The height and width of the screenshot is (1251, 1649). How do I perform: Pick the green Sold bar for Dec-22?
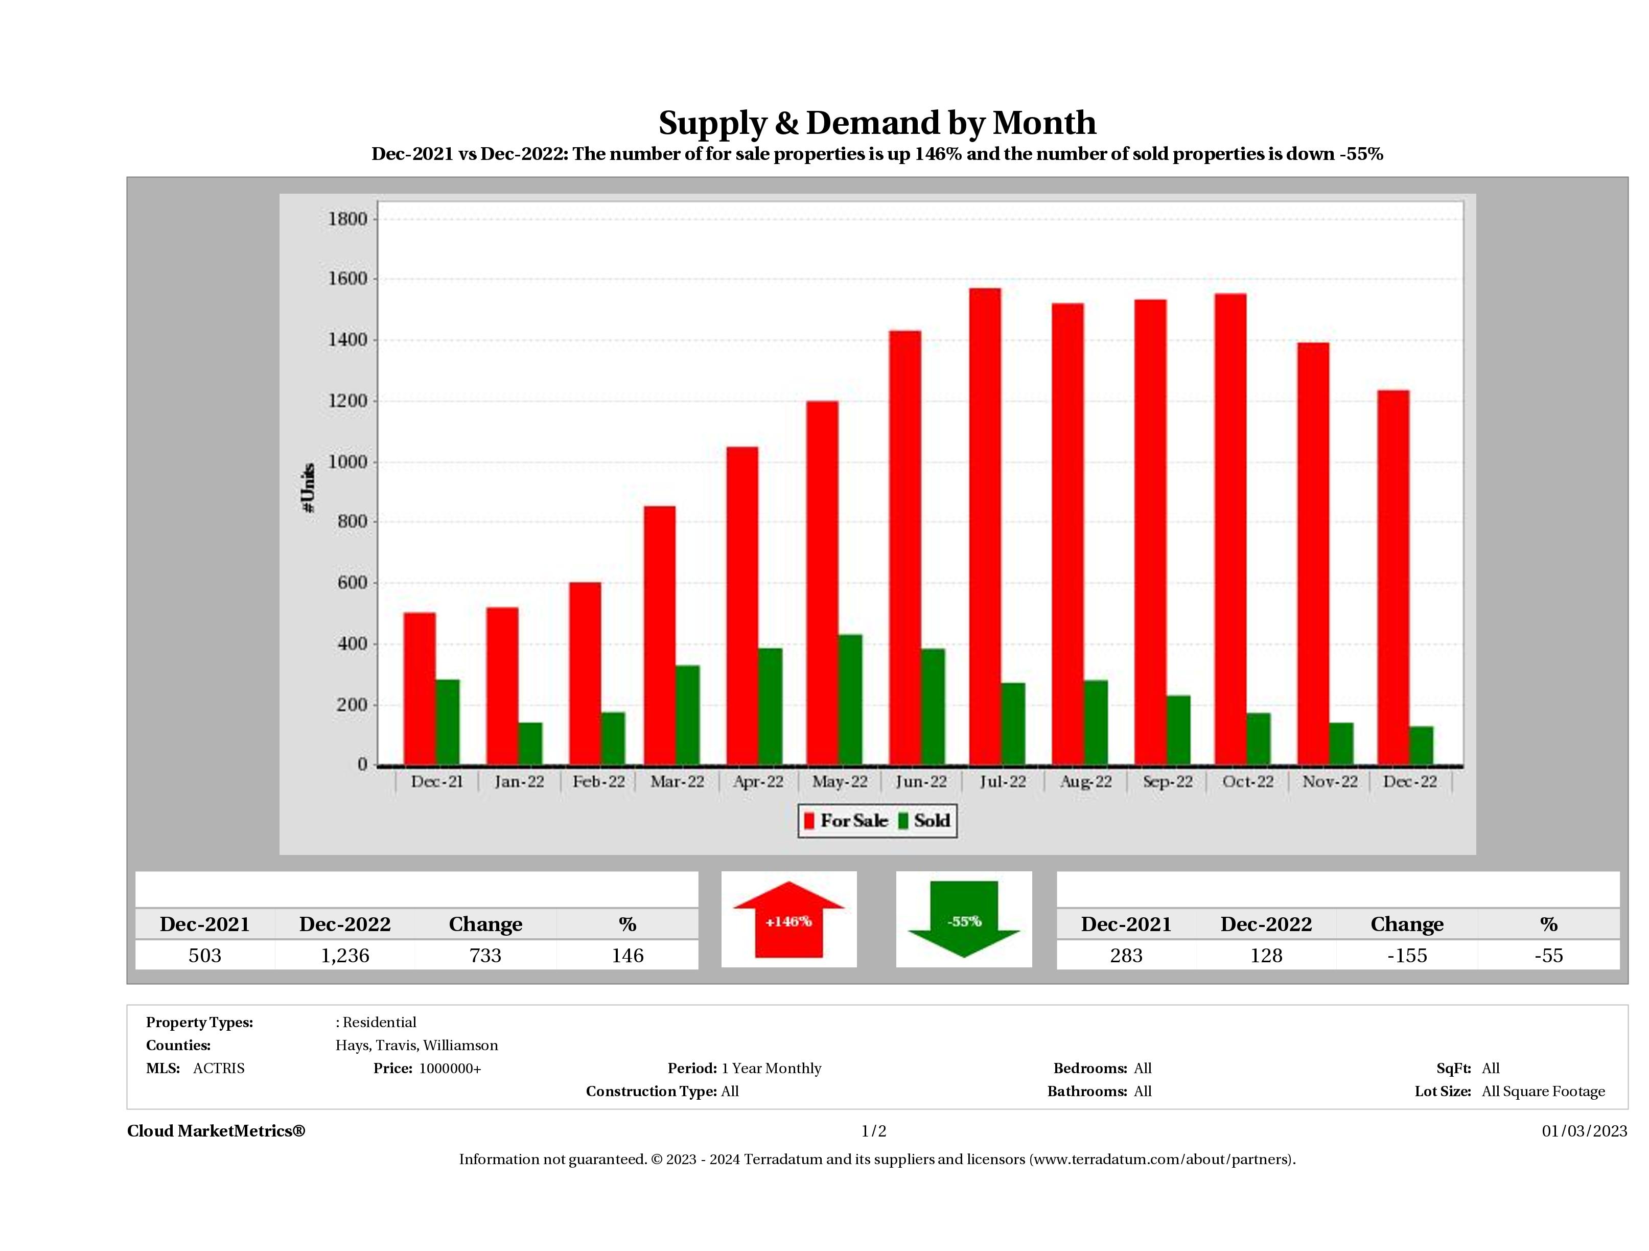click(x=1421, y=746)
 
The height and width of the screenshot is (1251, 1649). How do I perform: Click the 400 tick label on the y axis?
click(x=352, y=643)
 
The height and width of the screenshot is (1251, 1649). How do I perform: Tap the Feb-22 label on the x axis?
click(x=598, y=781)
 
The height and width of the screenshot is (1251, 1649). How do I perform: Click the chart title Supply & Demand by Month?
click(x=877, y=122)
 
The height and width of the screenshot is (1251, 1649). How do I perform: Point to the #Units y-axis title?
click(x=308, y=488)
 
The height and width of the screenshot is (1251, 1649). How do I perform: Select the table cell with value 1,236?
click(x=345, y=955)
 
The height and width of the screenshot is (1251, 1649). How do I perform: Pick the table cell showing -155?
click(x=1407, y=955)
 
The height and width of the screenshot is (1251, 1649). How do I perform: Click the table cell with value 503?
click(x=205, y=955)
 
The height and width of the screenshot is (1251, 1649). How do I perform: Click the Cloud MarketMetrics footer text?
click(x=216, y=1131)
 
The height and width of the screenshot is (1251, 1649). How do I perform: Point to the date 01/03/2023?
click(x=1584, y=1131)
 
